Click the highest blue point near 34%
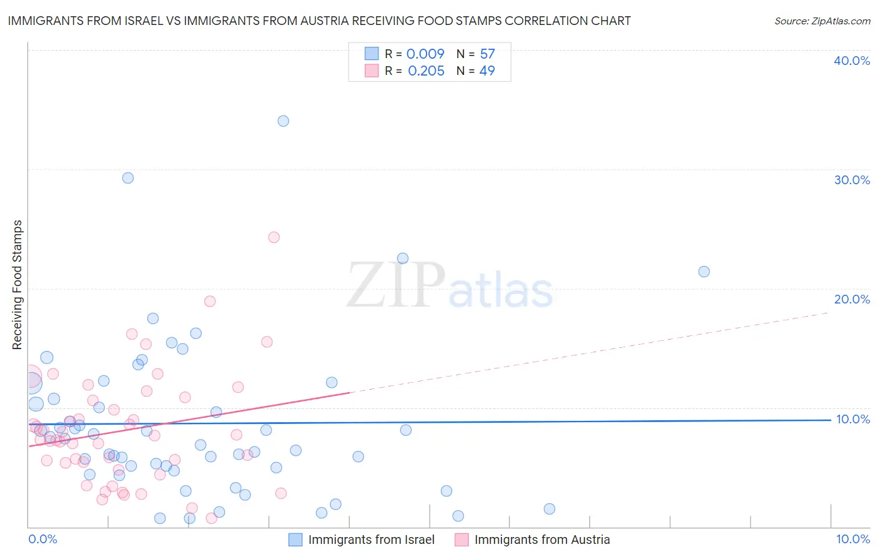pos(284,121)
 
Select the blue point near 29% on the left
pos(128,178)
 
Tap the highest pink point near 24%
pos(274,237)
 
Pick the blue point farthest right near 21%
pos(704,272)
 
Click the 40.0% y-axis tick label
pos(852,61)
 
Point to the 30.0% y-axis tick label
pos(852,180)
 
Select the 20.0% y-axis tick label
pos(852,299)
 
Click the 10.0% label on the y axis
pos(853,419)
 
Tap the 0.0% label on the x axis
pos(42,539)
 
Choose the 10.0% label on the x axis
pos(853,539)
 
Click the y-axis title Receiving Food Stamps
pos(17,285)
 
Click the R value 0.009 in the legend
pos(425,54)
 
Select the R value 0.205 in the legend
pos(426,71)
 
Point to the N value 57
pos(487,54)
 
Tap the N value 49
pos(487,71)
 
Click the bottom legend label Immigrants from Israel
pos(371,540)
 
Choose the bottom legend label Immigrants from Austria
pos(542,540)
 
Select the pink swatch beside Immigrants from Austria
pos(461,540)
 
